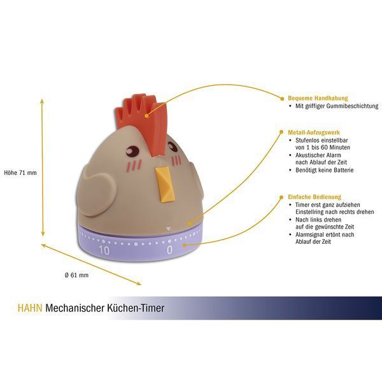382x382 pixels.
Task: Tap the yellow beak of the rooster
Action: point(165,184)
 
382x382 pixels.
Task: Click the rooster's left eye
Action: point(132,150)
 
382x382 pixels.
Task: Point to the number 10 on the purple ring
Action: point(104,250)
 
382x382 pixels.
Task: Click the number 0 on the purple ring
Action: point(169,250)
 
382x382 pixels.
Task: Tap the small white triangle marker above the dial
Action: point(168,229)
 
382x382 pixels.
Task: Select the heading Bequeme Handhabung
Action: point(318,98)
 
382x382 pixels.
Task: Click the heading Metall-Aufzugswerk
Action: point(313,132)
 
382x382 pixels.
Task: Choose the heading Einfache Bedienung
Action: point(315,197)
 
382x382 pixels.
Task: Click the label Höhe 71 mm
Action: point(20,173)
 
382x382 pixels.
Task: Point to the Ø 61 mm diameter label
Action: point(76,275)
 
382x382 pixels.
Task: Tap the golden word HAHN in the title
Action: point(30,308)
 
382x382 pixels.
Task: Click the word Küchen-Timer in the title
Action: point(136,308)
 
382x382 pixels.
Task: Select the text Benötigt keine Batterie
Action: point(324,170)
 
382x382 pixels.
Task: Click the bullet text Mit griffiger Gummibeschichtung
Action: point(337,106)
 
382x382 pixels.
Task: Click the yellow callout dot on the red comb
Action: point(146,116)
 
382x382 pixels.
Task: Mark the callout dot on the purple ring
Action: point(185,245)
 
